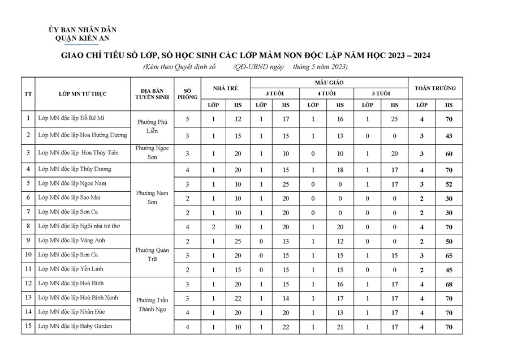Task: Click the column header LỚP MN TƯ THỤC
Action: [83, 93]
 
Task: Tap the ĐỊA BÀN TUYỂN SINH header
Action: [152, 93]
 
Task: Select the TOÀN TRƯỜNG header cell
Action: [435, 88]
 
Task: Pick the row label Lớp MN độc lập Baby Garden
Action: [75, 326]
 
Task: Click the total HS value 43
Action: [448, 136]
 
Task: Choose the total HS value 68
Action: [448, 284]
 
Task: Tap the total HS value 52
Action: [448, 184]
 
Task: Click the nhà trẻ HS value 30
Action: [238, 226]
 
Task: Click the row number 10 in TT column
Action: [28, 255]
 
